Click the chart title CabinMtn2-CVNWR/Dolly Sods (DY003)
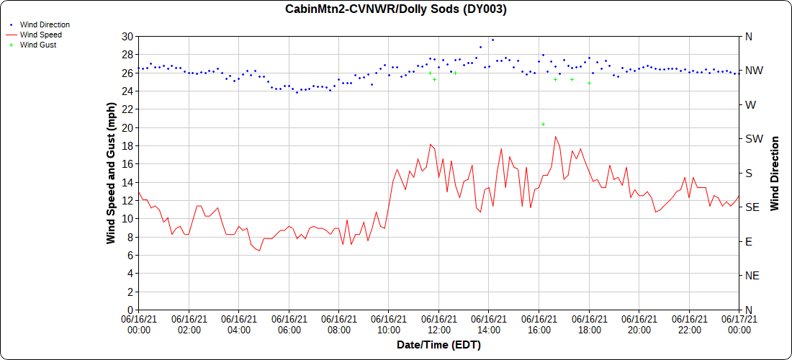[396, 9]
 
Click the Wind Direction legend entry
[45, 24]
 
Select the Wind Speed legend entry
[40, 35]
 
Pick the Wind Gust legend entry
[38, 45]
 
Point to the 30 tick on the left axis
[127, 36]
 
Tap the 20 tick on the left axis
[127, 127]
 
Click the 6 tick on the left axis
[130, 256]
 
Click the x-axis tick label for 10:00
[389, 325]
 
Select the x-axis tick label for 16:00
[539, 325]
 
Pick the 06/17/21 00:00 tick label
[739, 325]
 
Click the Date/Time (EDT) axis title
[438, 345]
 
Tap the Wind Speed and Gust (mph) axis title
[111, 173]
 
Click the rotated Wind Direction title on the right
[775, 173]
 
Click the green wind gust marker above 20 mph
[543, 124]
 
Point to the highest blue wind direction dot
[492, 40]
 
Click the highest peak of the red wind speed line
[555, 137]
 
